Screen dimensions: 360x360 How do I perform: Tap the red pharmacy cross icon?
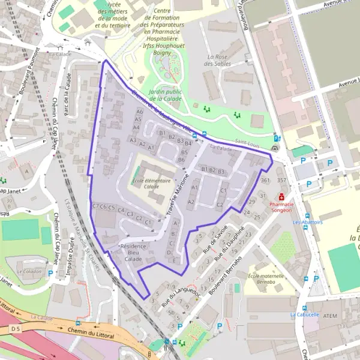(x=281, y=197)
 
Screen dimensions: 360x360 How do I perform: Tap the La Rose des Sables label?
(x=217, y=61)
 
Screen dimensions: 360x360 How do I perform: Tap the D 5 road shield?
(x=15, y=329)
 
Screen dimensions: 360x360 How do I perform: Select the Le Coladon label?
(x=29, y=271)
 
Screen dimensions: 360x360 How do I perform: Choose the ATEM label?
(x=330, y=316)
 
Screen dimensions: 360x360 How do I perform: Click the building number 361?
(x=265, y=180)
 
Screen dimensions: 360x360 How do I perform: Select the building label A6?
(x=139, y=112)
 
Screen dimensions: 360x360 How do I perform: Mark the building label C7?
(x=95, y=206)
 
